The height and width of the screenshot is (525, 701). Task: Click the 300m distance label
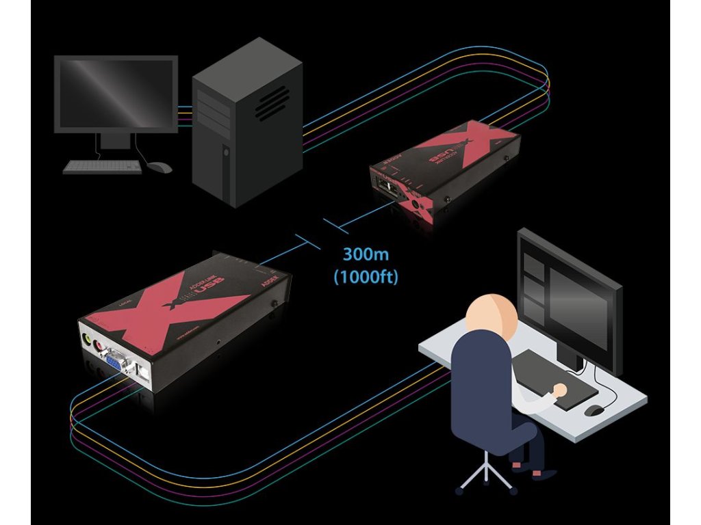366,255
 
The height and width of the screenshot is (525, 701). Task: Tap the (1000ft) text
366,278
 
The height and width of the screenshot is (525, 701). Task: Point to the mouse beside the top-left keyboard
160,166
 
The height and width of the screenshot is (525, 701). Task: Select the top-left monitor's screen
116,92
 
